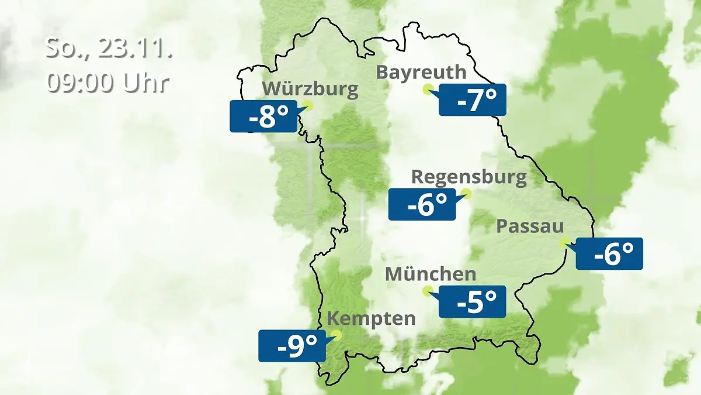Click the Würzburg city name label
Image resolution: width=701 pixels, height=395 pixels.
(310, 90)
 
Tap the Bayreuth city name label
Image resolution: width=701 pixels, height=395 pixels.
(421, 72)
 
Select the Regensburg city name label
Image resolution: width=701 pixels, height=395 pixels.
(469, 177)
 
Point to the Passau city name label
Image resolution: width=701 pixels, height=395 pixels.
(530, 226)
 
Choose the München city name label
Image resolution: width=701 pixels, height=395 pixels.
(431, 274)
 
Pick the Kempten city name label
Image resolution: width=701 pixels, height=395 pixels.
(371, 319)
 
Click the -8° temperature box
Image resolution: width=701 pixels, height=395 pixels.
(263, 116)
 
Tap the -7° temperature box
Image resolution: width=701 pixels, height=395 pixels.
(472, 100)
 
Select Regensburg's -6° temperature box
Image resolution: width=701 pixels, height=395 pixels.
(422, 204)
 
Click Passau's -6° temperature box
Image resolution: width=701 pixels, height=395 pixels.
(609, 254)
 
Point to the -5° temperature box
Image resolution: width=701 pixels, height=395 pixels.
(472, 301)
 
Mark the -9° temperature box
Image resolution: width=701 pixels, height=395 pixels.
(292, 346)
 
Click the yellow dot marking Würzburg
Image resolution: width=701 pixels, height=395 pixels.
(308, 105)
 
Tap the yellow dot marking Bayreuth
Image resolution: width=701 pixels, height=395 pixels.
(428, 89)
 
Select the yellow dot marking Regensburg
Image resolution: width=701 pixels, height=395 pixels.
(466, 193)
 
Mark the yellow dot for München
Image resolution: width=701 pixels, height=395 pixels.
(428, 290)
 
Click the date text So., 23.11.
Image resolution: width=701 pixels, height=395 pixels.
(109, 49)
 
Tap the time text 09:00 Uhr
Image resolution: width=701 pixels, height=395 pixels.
(107, 83)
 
